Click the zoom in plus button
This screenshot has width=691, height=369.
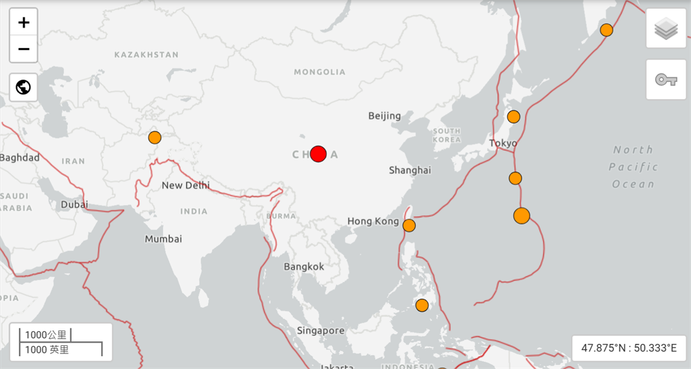pyautogui.click(x=24, y=23)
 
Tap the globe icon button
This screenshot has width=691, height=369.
pyautogui.click(x=24, y=87)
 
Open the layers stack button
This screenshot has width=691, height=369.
pyautogui.click(x=666, y=28)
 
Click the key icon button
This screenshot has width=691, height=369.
pyautogui.click(x=666, y=80)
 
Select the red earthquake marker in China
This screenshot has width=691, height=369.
pyautogui.click(x=319, y=154)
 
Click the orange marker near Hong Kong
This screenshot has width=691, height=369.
pyautogui.click(x=409, y=225)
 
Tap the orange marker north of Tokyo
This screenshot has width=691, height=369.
pyautogui.click(x=514, y=117)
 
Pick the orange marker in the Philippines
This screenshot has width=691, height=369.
pyautogui.click(x=422, y=305)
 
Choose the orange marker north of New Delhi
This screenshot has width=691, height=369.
pyautogui.click(x=155, y=138)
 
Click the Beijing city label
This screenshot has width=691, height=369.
pyautogui.click(x=385, y=116)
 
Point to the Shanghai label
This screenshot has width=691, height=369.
pyautogui.click(x=410, y=170)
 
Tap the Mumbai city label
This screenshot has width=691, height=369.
pyautogui.click(x=163, y=239)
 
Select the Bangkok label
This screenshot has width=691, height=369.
pyautogui.click(x=304, y=266)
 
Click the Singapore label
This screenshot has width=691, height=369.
pyautogui.click(x=321, y=331)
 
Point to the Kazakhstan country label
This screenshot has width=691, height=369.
pyautogui.click(x=146, y=55)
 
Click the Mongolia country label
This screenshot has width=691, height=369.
pyautogui.click(x=319, y=72)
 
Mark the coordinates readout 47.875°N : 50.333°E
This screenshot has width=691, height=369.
pyautogui.click(x=629, y=348)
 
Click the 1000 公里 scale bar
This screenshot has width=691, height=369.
pyautogui.click(x=46, y=335)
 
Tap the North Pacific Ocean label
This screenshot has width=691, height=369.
pyautogui.click(x=633, y=167)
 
